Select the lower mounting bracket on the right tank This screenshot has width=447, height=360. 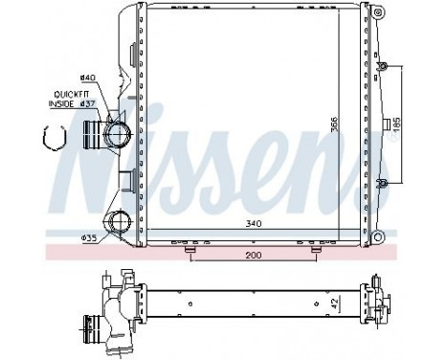point(384,182)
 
